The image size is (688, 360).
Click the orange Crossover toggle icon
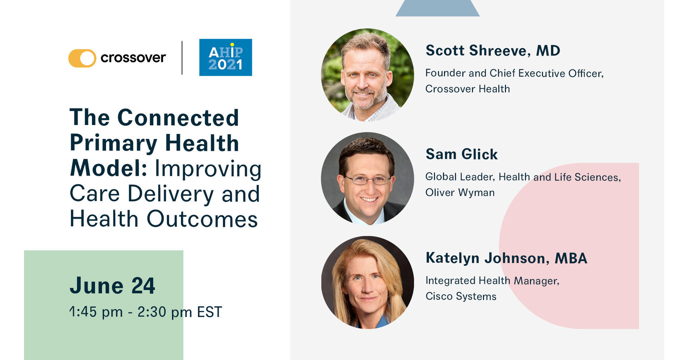click(82, 58)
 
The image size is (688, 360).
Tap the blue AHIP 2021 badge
click(225, 57)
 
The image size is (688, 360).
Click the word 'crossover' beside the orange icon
click(133, 58)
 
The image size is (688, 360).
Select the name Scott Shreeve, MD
click(493, 51)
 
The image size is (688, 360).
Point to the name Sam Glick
click(462, 154)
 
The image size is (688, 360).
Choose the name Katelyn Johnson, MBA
click(506, 258)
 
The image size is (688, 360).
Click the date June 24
click(112, 285)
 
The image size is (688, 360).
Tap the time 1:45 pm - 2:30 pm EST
click(146, 312)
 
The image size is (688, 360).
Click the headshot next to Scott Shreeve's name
click(367, 75)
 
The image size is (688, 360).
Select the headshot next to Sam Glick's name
click(367, 178)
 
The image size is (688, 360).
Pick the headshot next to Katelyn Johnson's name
click(367, 282)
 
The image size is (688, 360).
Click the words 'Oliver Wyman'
click(460, 193)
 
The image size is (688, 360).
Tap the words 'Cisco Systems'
click(461, 296)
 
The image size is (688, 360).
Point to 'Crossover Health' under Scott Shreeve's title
click(468, 89)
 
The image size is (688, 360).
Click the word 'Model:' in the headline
click(108, 168)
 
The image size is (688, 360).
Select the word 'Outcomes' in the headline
click(202, 219)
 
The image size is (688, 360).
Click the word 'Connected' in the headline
click(178, 117)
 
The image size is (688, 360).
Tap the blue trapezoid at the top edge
click(438, 8)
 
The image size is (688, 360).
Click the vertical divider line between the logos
click(182, 58)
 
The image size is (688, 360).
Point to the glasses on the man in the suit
click(367, 180)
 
